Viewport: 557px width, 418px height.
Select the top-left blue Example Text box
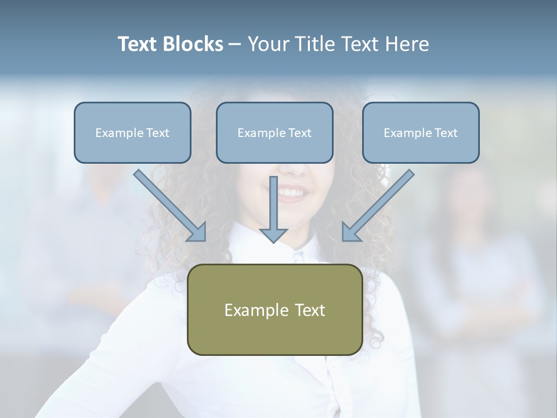point(132,132)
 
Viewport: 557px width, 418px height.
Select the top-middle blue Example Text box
point(274,132)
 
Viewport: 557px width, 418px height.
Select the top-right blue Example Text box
point(421,132)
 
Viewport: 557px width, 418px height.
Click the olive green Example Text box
point(274,309)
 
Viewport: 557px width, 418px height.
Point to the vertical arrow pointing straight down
point(273,209)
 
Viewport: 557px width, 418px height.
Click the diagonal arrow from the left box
point(168,204)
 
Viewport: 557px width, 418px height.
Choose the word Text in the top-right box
point(446,133)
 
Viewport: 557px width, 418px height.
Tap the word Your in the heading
point(268,44)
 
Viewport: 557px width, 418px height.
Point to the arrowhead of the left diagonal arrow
point(197,232)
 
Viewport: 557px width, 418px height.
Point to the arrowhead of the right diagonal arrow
point(350,232)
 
